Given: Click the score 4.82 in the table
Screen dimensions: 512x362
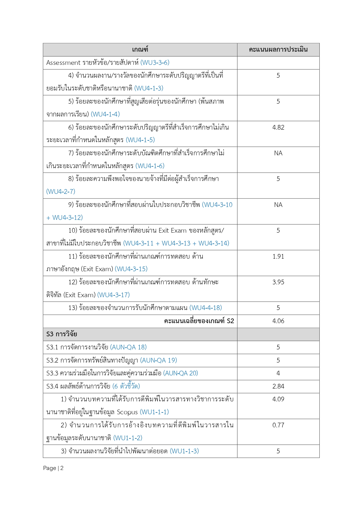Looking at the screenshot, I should pos(278,128).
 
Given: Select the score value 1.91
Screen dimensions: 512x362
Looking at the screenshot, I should pos(278,257).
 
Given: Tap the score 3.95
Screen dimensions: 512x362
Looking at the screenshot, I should pos(278,282).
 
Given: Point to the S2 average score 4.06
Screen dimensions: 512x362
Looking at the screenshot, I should pos(278,321).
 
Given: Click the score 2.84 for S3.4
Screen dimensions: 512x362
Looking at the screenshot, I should pos(278,386).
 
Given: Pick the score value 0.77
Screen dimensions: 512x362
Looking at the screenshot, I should pos(278,425).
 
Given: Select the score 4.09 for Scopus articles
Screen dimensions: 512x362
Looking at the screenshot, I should pos(278,399).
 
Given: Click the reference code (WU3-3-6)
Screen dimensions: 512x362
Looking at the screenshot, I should pos(155,63).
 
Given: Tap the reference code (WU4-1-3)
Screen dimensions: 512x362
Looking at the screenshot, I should pos(149,88).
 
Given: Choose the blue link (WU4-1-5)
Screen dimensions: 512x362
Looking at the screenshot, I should pos(140,140).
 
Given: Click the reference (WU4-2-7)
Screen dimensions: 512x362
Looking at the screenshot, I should pos(61,192).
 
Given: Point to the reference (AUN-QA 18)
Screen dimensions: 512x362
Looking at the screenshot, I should pos(128,347).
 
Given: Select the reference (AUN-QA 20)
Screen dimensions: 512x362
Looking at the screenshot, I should pos(181,373).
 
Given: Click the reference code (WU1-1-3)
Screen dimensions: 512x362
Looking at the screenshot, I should pos(184,451).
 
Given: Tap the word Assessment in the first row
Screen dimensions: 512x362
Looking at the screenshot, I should pos(63,63).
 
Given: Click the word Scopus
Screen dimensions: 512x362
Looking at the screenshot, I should pos(127,412).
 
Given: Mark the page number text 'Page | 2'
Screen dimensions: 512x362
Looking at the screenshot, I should pos(53,468).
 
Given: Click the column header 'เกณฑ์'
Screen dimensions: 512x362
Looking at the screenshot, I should pos(140,50).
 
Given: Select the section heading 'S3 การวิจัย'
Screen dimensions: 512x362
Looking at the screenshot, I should pos(62,334).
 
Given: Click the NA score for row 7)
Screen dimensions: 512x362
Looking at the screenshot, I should pos(278,153).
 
